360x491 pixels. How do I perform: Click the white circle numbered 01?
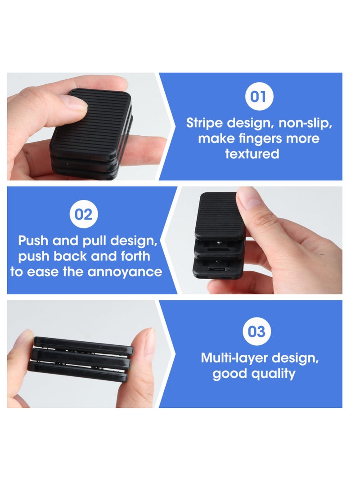tap(258, 97)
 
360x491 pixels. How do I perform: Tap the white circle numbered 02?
tap(84, 214)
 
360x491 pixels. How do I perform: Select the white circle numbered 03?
tap(256, 332)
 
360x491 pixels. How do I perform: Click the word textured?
tap(252, 154)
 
